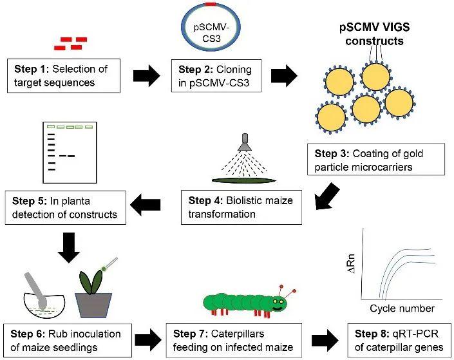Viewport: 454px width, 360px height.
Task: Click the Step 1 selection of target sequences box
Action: [59, 75]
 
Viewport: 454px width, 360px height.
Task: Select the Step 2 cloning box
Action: [214, 75]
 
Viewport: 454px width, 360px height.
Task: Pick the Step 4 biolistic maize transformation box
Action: [240, 206]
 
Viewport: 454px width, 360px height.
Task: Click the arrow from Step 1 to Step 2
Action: [146, 75]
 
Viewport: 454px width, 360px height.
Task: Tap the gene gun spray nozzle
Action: [244, 143]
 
